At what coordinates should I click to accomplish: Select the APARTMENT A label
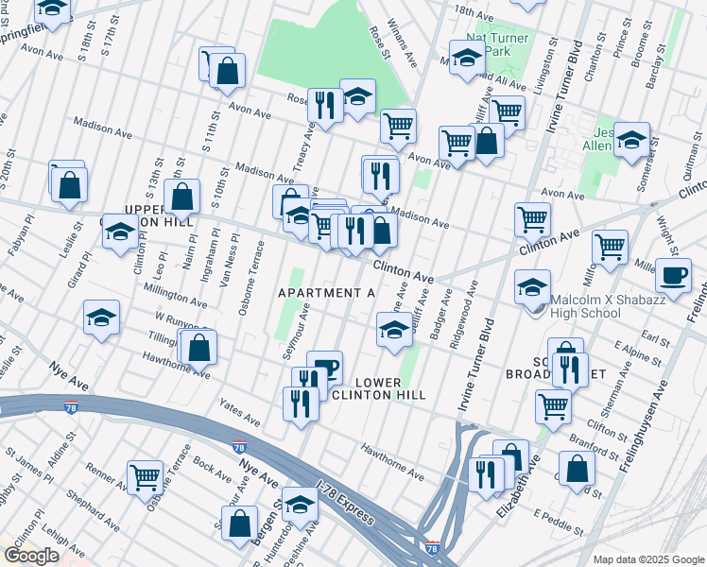(326, 294)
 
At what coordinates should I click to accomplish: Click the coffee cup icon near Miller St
(673, 275)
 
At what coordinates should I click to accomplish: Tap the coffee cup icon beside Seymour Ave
(324, 367)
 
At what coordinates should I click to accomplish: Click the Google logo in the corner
(31, 556)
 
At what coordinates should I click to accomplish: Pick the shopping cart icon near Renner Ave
(145, 476)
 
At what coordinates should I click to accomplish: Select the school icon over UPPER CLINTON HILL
(120, 232)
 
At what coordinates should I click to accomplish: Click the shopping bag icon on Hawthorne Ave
(198, 347)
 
